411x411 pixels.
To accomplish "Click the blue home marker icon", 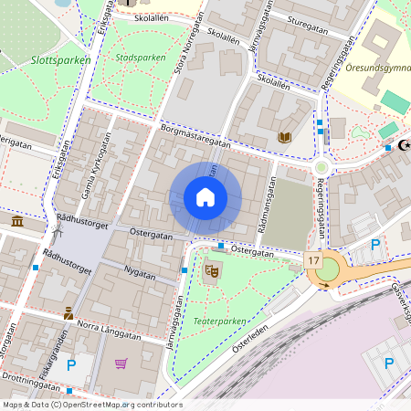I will tap(205, 197).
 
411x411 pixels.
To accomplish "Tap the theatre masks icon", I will tap(212, 270).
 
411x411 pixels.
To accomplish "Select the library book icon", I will tap(284, 137).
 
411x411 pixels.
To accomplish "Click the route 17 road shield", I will tap(313, 261).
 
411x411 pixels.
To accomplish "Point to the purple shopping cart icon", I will tap(121, 364).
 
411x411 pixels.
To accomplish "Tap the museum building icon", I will tap(17, 222).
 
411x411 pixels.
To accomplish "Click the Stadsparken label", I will tap(141, 57).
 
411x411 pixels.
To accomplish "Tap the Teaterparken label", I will tap(219, 321).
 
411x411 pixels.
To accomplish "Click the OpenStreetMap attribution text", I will tap(91, 405).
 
